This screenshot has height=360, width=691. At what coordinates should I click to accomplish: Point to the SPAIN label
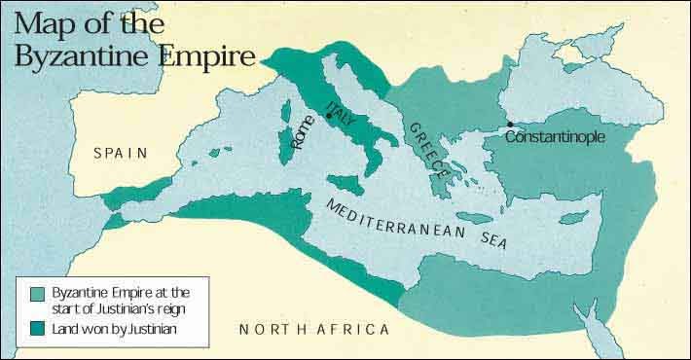(120, 152)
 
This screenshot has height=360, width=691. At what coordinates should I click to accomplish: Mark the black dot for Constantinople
(509, 124)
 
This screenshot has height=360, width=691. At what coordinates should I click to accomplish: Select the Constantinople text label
(555, 137)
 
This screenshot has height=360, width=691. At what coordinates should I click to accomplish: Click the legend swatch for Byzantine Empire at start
(38, 293)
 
